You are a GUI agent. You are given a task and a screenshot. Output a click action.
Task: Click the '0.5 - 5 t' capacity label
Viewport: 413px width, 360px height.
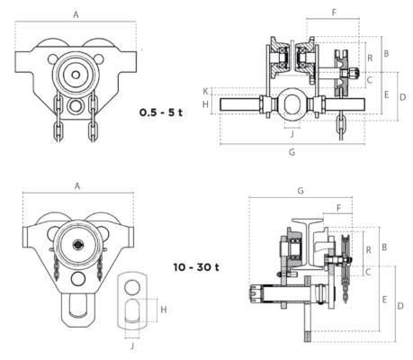(161, 112)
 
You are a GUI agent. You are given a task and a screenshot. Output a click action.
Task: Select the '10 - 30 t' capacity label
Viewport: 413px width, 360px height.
(196, 266)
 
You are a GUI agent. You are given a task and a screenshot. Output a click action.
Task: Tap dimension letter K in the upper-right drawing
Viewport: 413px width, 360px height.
(205, 91)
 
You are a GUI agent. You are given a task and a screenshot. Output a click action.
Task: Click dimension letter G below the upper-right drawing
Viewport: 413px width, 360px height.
(292, 152)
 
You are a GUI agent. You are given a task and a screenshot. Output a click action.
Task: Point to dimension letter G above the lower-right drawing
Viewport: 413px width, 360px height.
(301, 191)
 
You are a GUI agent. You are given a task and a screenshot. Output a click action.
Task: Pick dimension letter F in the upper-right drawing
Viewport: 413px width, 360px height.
(334, 13)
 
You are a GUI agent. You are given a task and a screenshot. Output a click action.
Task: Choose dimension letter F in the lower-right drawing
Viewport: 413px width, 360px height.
(339, 208)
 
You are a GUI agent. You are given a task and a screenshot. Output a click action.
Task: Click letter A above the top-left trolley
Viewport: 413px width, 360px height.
(76, 14)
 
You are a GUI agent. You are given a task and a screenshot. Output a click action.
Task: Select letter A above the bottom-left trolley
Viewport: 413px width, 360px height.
(77, 186)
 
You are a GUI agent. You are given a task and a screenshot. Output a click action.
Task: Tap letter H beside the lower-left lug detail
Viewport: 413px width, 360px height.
(164, 310)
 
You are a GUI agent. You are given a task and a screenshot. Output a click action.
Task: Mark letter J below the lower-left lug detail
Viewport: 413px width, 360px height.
(132, 346)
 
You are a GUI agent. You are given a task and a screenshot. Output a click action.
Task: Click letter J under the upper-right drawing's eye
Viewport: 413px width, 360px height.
(292, 134)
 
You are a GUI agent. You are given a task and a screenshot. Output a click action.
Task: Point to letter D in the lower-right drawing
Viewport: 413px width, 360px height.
(400, 306)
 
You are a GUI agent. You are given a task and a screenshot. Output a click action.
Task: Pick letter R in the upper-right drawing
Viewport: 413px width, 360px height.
(370, 58)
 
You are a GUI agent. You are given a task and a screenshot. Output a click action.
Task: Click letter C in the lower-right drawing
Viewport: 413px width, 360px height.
(369, 272)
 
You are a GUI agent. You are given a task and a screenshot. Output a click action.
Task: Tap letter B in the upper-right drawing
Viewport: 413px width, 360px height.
(386, 53)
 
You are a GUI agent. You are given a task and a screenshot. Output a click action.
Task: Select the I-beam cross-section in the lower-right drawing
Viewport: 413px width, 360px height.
(308, 243)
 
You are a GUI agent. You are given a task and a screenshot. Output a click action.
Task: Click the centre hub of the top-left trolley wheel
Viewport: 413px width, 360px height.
(76, 75)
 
